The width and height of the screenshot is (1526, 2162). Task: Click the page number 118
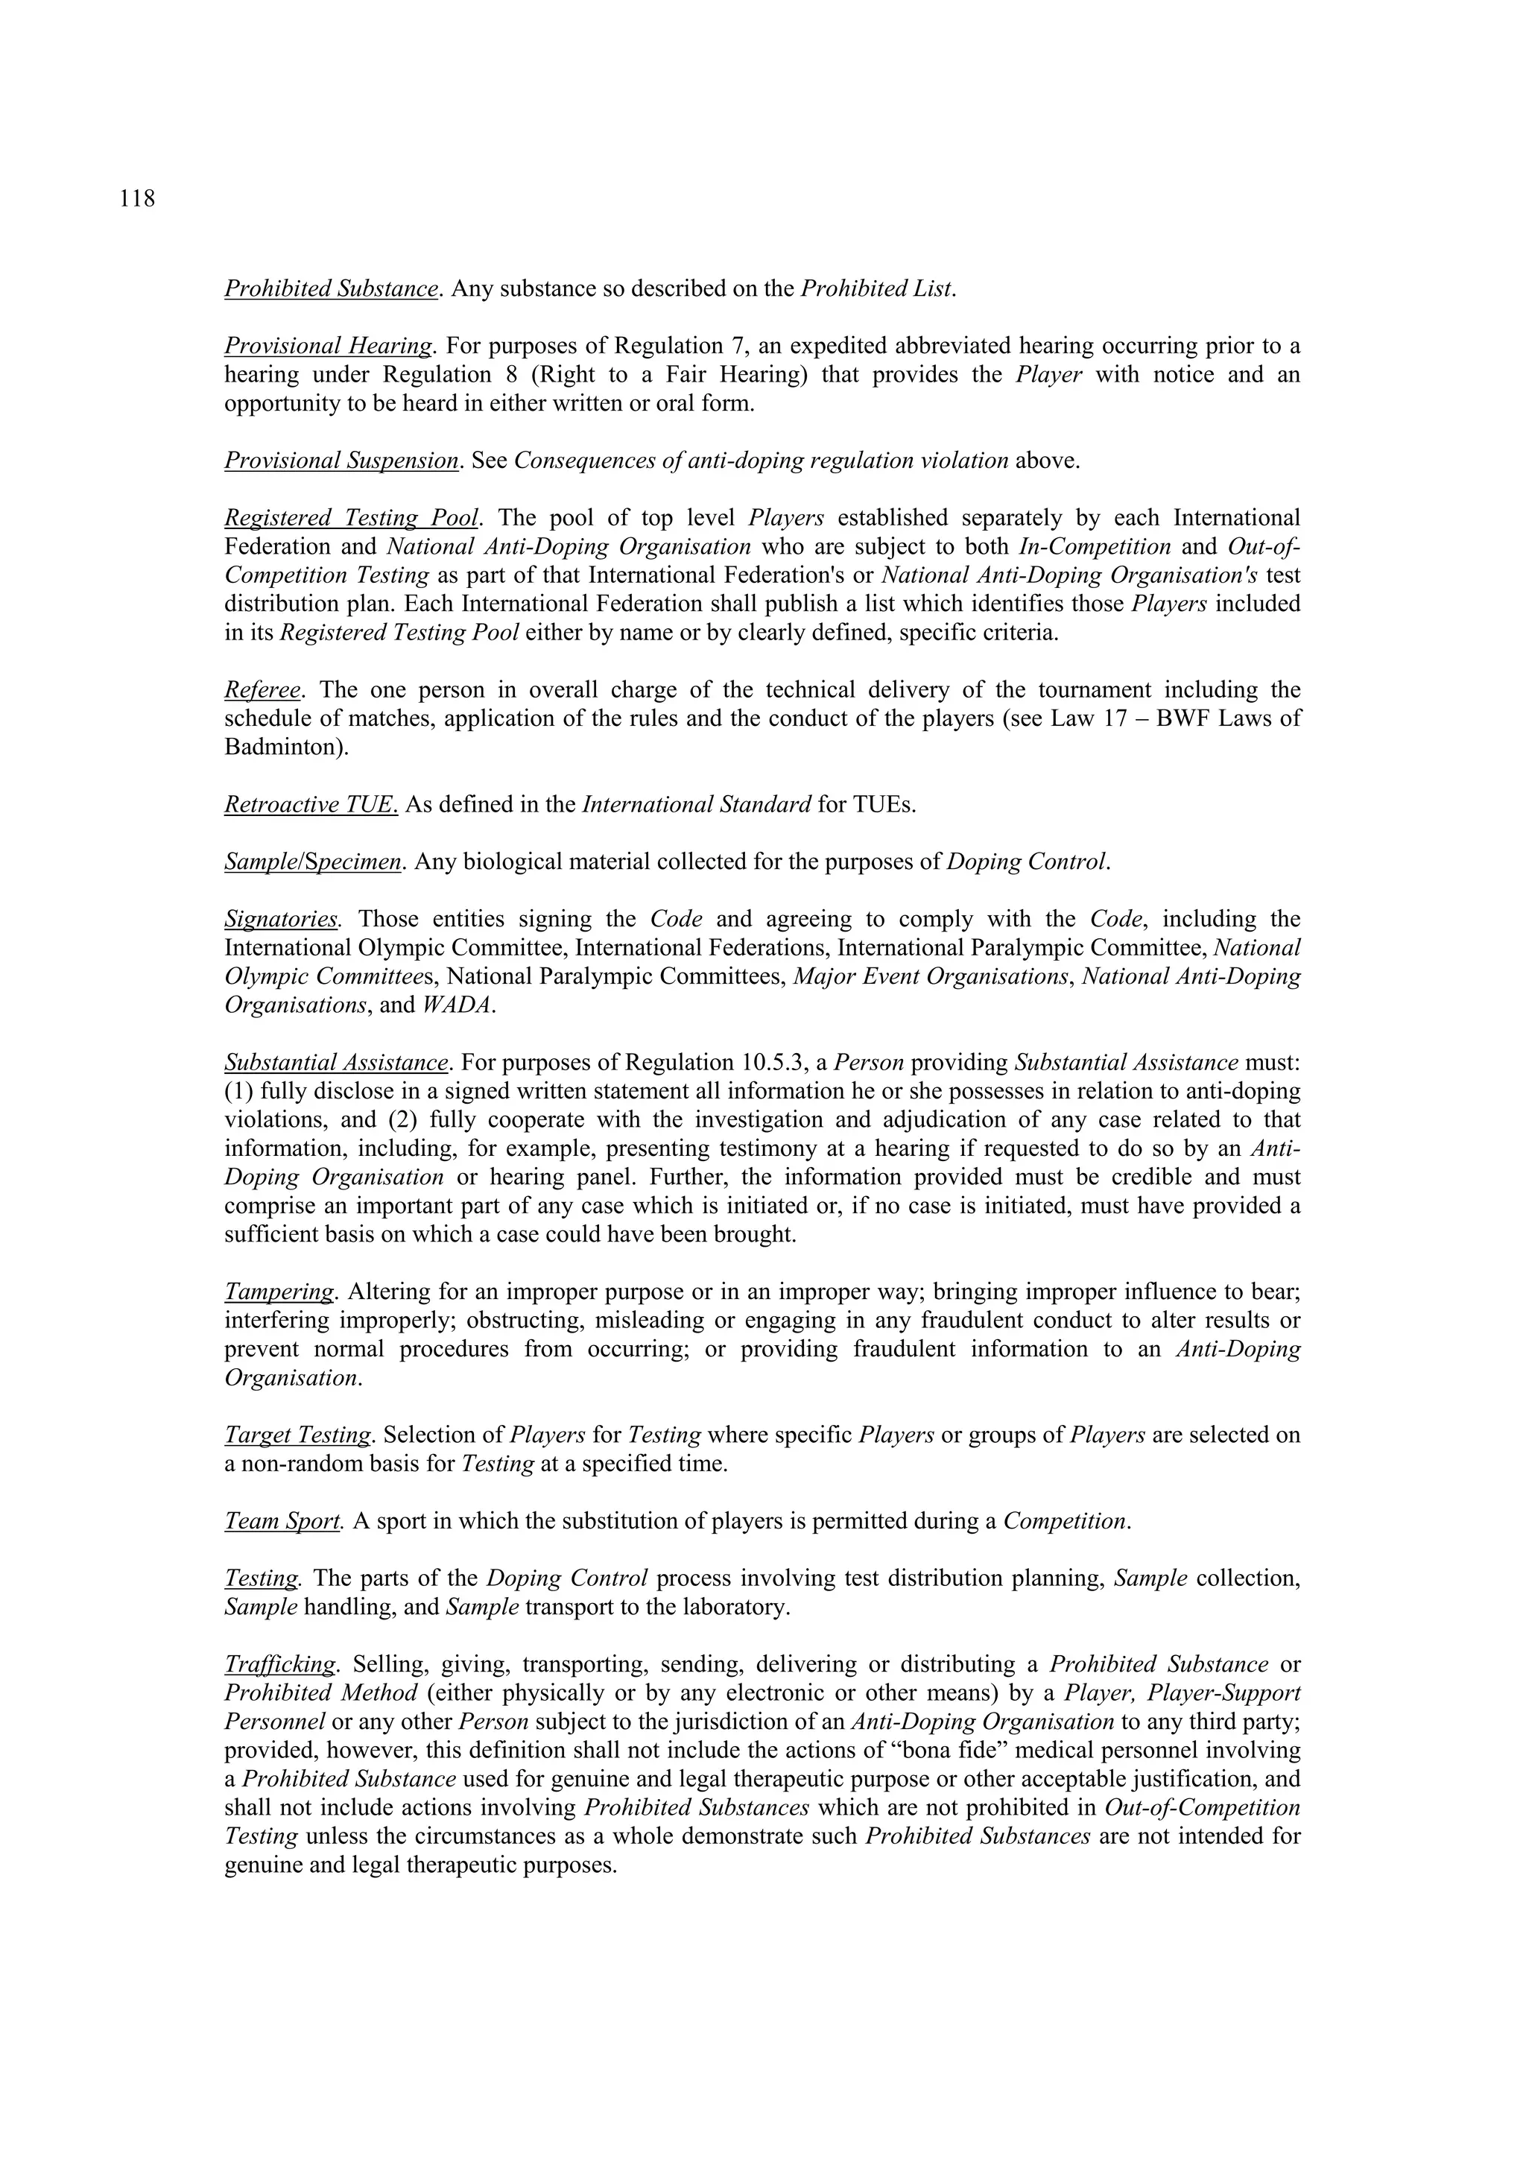[x=137, y=199]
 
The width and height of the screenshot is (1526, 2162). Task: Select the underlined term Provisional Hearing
[x=328, y=346]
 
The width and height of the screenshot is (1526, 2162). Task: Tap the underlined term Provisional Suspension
[x=341, y=461]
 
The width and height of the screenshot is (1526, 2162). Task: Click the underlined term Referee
[x=262, y=690]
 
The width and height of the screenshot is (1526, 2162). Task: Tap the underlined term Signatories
[x=282, y=919]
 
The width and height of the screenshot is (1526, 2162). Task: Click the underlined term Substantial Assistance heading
[x=336, y=1063]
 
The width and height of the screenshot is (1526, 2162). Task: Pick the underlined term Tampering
[x=279, y=1292]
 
